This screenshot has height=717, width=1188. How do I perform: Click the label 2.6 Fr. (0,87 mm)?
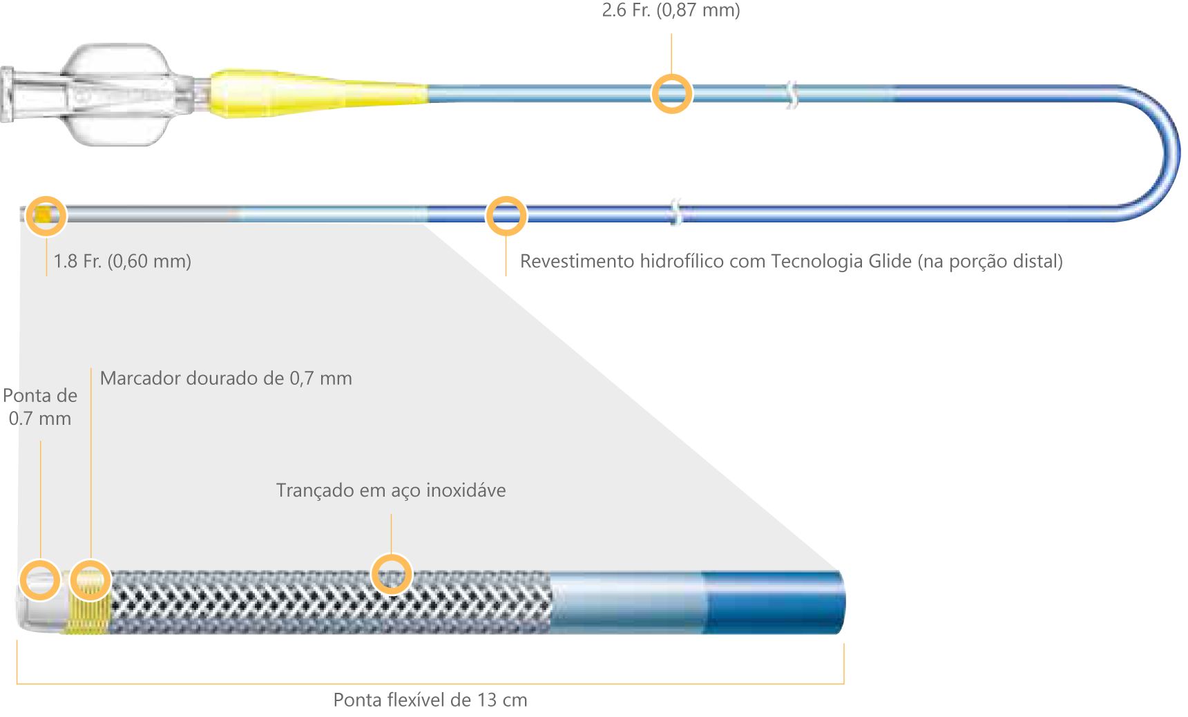click(671, 10)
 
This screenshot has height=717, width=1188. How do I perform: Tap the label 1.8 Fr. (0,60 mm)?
click(122, 261)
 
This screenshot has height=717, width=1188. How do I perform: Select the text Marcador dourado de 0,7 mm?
click(226, 379)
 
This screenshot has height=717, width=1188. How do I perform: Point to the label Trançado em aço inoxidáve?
click(391, 490)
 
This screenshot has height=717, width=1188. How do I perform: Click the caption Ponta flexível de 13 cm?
click(430, 700)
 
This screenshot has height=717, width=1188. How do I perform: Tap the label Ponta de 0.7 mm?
click(40, 407)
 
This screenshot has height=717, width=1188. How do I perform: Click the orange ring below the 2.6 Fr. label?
click(671, 93)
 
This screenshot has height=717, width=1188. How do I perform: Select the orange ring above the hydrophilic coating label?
click(506, 216)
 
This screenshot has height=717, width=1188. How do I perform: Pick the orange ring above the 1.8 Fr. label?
click(46, 216)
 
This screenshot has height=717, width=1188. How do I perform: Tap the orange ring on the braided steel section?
click(392, 574)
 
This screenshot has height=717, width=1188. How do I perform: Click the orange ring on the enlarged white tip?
click(39, 580)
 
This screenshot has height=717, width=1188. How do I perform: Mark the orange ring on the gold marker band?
click(90, 580)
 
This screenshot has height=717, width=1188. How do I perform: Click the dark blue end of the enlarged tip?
click(774, 602)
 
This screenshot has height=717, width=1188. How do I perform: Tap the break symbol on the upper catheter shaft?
click(792, 95)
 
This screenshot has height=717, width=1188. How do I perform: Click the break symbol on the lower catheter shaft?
click(676, 212)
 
